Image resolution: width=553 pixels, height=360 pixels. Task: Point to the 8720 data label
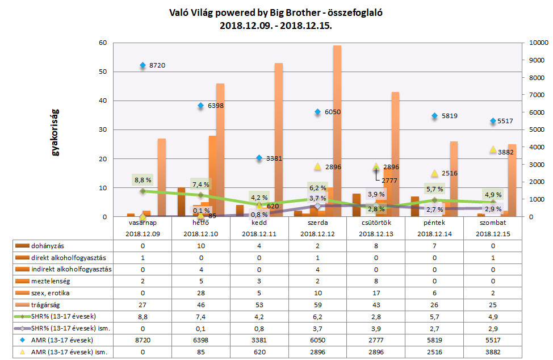click(157, 66)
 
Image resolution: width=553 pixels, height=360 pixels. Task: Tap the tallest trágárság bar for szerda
click(337, 131)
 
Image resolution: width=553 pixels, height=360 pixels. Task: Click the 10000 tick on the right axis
click(536, 43)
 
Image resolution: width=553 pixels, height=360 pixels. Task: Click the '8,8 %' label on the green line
click(143, 180)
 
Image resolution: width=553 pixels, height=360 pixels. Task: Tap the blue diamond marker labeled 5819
click(434, 116)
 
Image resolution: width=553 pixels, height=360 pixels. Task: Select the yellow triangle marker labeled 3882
click(492, 149)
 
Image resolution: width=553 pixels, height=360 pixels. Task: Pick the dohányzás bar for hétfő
click(182, 202)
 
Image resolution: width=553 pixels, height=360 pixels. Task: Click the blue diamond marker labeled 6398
click(201, 106)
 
